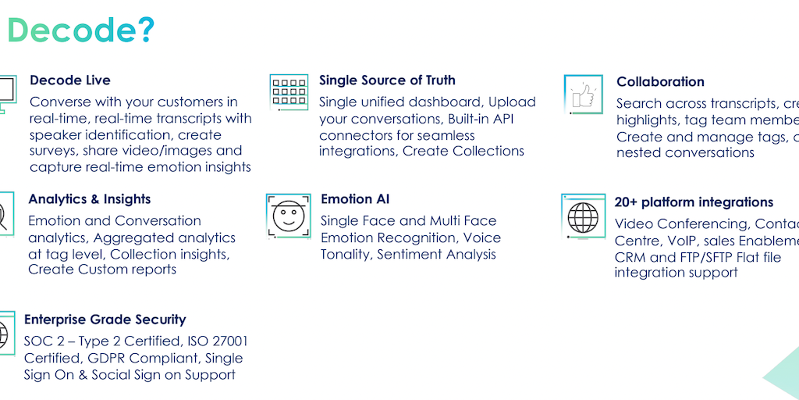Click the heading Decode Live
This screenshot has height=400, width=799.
[x=70, y=80]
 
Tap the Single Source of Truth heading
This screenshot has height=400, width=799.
[x=387, y=80]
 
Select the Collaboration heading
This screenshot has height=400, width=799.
[x=660, y=82]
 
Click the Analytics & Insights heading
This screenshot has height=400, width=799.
[x=90, y=200]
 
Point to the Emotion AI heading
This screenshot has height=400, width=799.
[x=357, y=200]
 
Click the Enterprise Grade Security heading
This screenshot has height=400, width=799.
[x=105, y=320]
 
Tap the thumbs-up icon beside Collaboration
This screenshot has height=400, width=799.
[x=583, y=95]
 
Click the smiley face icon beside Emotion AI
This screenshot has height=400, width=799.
[x=288, y=214]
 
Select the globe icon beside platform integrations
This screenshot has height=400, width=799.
[x=583, y=214]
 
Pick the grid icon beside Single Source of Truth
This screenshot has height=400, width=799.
[x=289, y=92]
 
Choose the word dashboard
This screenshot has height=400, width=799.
[x=440, y=102]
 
